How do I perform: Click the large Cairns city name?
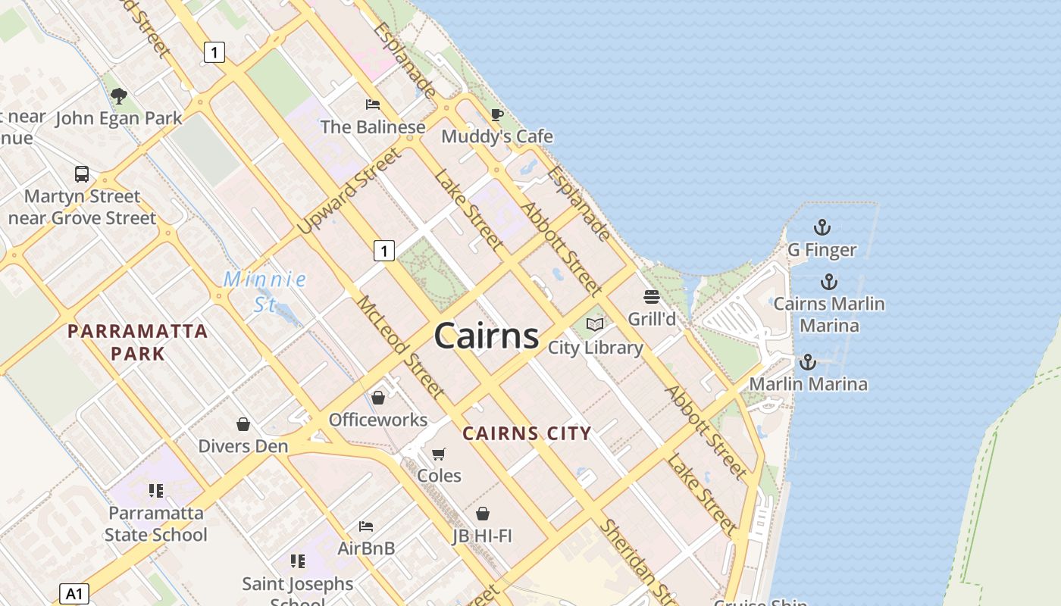pos(487,336)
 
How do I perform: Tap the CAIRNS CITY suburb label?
pos(527,434)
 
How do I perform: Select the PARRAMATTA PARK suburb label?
pos(137,342)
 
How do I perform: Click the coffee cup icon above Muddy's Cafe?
pos(497,114)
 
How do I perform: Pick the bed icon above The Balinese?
pos(373,104)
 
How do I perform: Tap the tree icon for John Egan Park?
pos(119,96)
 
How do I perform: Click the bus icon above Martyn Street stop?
pos(82,174)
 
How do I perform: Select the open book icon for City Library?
pos(596,325)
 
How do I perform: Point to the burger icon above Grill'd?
pos(652,296)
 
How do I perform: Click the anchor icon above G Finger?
pos(822,226)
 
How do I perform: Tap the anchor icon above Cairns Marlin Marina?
pos(829,282)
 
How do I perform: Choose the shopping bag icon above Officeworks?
pos(378,398)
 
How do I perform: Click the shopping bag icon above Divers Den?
pos(243,424)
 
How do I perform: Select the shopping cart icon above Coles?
pos(439,454)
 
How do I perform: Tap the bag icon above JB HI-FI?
pos(482,514)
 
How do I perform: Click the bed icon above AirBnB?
pos(366,526)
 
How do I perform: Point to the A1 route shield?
pos(74,594)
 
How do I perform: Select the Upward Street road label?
pos(349,192)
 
